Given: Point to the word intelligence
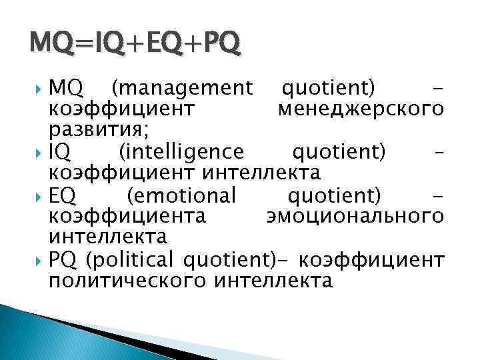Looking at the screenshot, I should (x=181, y=152).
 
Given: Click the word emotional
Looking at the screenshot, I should (x=181, y=196).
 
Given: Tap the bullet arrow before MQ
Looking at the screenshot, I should (x=39, y=87).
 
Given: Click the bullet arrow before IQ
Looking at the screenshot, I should (x=39, y=152).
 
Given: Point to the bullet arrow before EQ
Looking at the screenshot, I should (x=39, y=196).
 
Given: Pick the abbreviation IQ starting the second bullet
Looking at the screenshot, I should (x=59, y=152).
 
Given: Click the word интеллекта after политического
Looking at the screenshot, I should (x=273, y=280).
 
